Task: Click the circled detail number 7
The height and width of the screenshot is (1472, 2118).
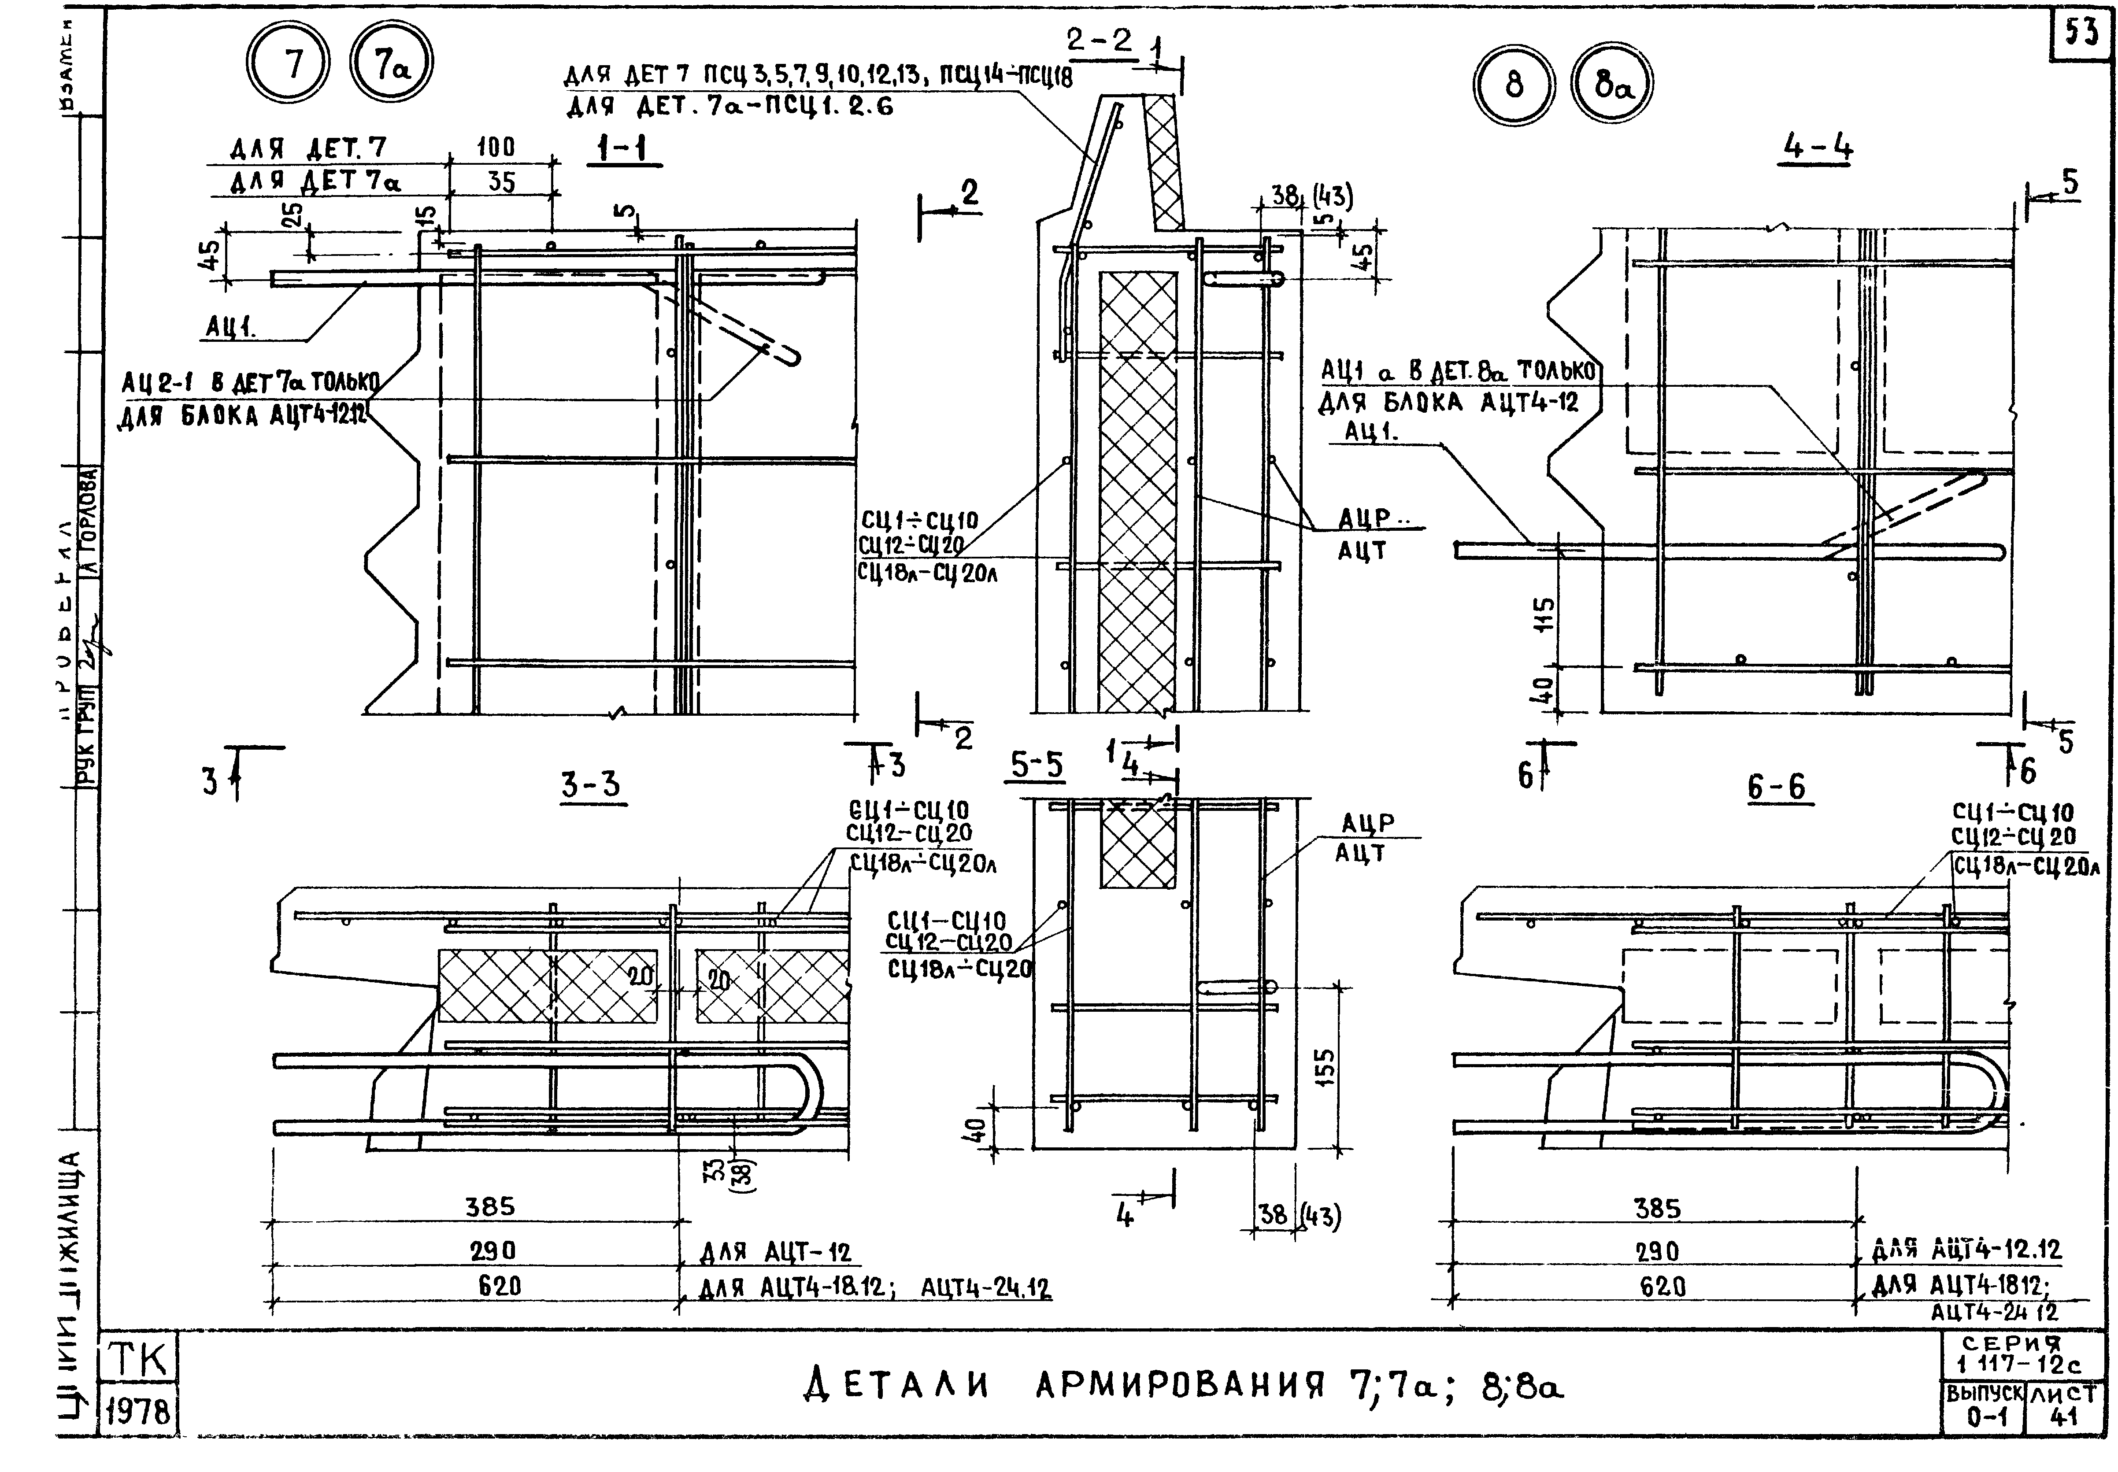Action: coord(287,65)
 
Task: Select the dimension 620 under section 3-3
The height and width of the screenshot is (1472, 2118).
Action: coord(499,1285)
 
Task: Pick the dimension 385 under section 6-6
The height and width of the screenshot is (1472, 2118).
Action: coord(1658,1208)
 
